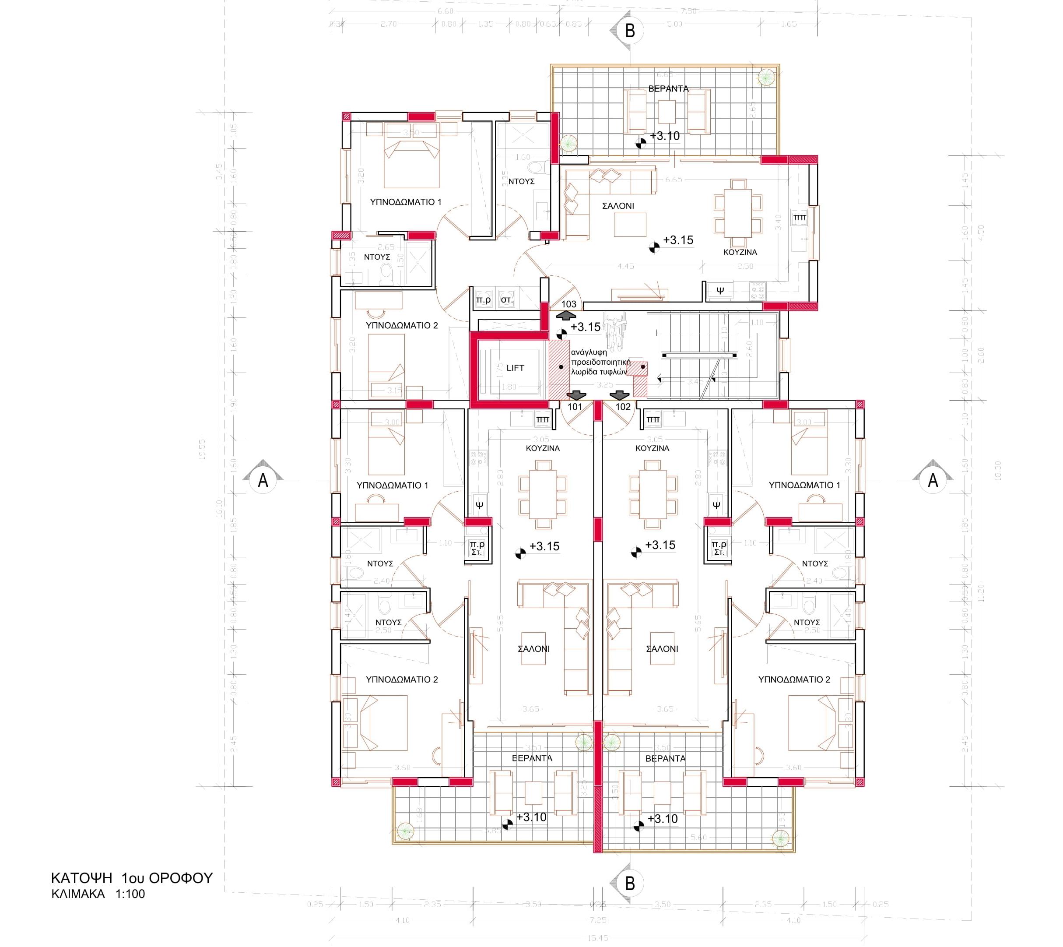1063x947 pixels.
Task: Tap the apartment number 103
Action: click(x=569, y=304)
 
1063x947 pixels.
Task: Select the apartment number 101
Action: click(x=575, y=407)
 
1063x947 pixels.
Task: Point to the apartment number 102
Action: click(x=623, y=407)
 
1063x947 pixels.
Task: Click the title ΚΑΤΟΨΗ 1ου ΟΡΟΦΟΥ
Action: click(x=132, y=878)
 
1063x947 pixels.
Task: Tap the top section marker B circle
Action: click(x=630, y=31)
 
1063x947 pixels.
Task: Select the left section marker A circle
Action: click(x=263, y=480)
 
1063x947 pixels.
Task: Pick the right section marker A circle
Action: click(x=933, y=480)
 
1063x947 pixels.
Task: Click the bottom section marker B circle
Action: click(x=630, y=883)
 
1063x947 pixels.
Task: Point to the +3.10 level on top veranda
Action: click(x=665, y=136)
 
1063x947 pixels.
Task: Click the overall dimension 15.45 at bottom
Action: click(x=598, y=938)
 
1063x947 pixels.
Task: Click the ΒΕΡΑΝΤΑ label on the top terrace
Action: click(x=668, y=89)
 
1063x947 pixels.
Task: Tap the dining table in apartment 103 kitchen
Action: click(x=738, y=213)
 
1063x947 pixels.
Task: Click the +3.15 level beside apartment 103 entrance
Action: click(x=586, y=327)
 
